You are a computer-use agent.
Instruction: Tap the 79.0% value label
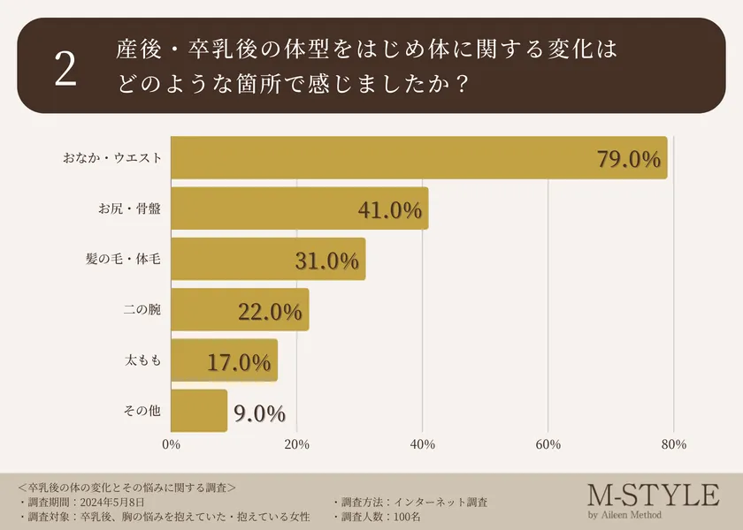click(x=629, y=159)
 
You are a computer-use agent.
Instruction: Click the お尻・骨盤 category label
click(x=130, y=208)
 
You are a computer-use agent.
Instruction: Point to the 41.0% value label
click(x=390, y=210)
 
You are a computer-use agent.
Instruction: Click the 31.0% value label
click(x=327, y=261)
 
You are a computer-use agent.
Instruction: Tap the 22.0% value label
click(x=271, y=312)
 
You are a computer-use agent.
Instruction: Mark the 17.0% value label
click(x=239, y=362)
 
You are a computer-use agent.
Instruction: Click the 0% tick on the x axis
click(x=172, y=444)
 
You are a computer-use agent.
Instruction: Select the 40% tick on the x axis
click(x=423, y=444)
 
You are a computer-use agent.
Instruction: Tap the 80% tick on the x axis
click(x=674, y=444)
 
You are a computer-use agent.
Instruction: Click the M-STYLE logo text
click(x=653, y=495)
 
